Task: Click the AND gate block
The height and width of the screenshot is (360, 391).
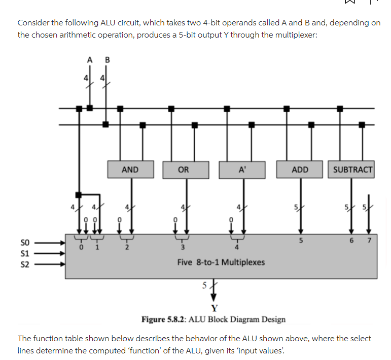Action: pos(130,170)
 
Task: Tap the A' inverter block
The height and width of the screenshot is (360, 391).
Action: pos(242,170)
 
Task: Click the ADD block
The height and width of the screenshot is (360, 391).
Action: pos(300,170)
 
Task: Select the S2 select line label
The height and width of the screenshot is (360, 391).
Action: pos(23,264)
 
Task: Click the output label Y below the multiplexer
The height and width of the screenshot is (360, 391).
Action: pos(215,308)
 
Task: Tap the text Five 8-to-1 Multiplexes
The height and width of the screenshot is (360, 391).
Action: pos(221,263)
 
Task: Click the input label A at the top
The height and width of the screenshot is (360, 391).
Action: pos(90,59)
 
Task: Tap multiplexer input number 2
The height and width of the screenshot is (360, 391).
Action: pos(127,247)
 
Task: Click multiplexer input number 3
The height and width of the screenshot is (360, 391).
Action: pos(183,247)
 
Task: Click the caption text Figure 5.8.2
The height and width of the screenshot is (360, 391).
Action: pos(166,319)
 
